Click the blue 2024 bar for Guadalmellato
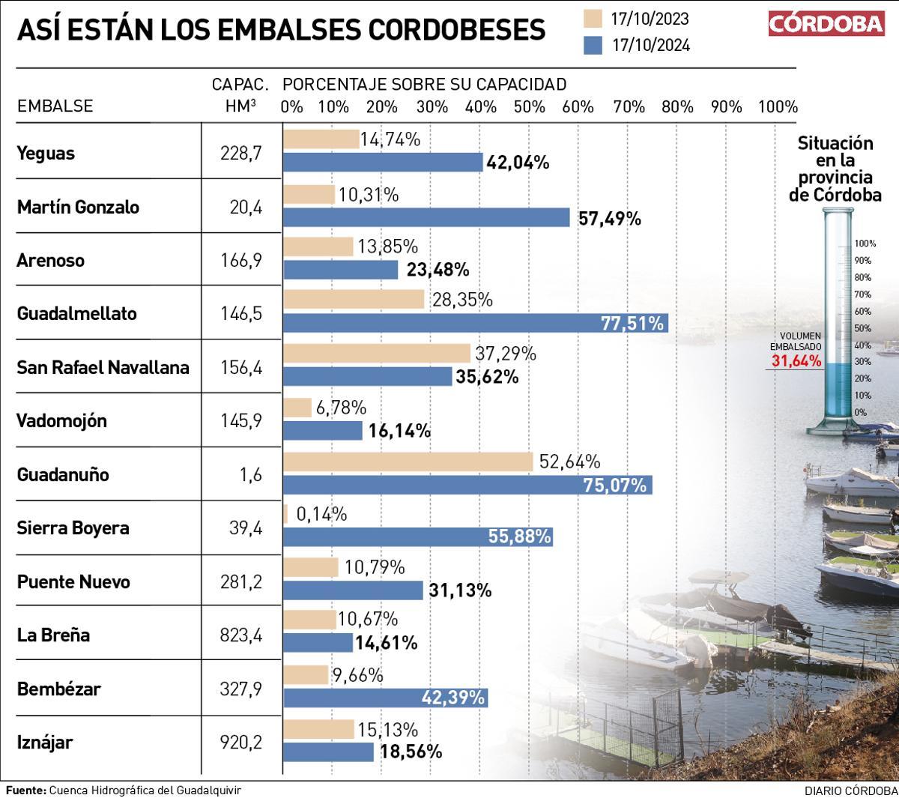coord(475,323)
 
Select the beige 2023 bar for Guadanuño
coord(408,462)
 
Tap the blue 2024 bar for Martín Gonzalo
coord(427,217)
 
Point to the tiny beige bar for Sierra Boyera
coord(286,514)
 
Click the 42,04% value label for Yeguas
coord(518,163)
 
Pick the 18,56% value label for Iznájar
coord(411,752)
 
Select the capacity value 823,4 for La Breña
coord(242,635)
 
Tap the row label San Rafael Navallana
coord(103,368)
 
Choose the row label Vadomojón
coord(61,421)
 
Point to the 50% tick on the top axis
coord(530,106)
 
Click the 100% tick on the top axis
coord(778,106)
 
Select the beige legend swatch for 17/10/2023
coord(592,19)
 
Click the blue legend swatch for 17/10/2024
coord(592,45)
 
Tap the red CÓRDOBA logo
coord(826,23)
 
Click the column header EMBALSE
coord(55,106)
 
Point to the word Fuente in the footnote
coord(26,791)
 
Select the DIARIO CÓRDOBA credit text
coord(851,791)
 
